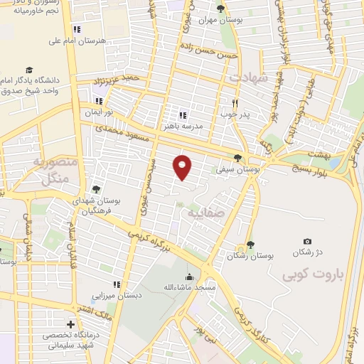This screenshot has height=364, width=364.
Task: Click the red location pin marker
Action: [183, 166]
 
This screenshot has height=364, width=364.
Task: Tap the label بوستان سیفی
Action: [238, 169]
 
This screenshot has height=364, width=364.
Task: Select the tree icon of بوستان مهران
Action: [220, 9]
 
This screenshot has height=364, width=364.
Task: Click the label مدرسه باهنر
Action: [203, 125]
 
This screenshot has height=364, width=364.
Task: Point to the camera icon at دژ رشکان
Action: [307, 242]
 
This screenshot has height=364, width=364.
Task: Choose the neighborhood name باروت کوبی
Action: [311, 274]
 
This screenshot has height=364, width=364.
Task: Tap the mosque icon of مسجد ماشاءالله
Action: [188, 277]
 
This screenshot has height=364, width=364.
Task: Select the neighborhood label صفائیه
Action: [206, 211]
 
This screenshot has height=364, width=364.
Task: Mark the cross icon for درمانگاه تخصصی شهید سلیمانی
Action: [69, 323]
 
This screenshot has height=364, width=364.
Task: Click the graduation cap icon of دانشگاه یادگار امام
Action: [29, 70]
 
